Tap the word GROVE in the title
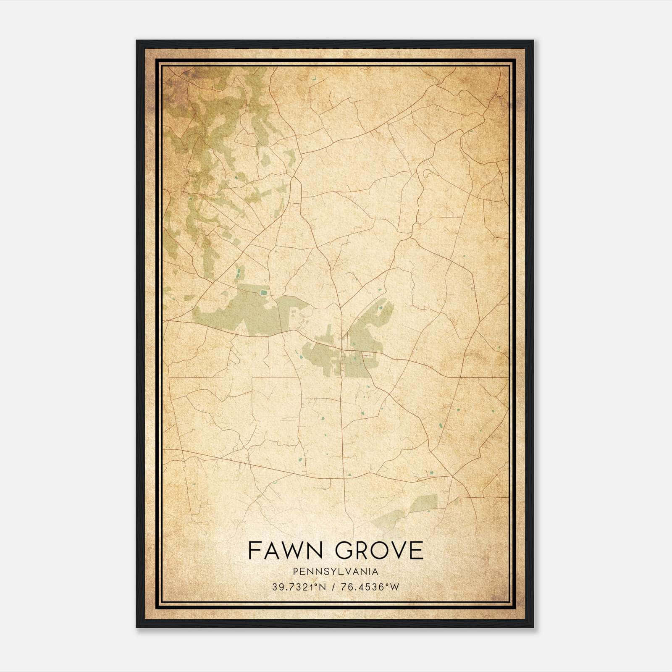click(381, 550)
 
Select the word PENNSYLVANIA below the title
click(336, 572)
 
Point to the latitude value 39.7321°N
click(299, 587)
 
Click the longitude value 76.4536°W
click(370, 587)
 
